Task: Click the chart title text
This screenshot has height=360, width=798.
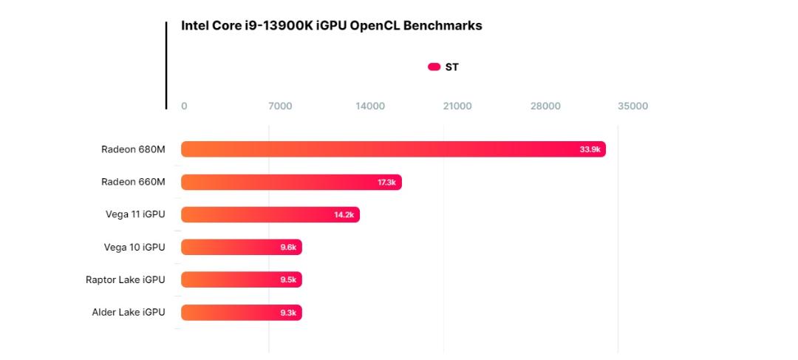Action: click(331, 26)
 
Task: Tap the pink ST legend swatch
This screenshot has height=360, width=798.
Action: click(434, 67)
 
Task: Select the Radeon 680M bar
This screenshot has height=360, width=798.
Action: click(393, 149)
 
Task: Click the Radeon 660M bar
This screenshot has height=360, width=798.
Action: click(292, 182)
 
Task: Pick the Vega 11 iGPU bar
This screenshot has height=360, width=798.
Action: click(270, 214)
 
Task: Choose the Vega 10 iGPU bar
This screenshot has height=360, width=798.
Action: click(242, 247)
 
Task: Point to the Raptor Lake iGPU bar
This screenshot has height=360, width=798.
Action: click(242, 279)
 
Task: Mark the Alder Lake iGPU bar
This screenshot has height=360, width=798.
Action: click(242, 312)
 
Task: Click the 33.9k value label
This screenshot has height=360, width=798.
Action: click(590, 150)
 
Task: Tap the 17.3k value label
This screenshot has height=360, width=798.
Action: click(386, 183)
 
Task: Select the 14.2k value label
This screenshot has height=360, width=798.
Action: click(344, 215)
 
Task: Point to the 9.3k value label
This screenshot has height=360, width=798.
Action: click(288, 313)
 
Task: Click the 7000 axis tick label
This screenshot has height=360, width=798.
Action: click(280, 106)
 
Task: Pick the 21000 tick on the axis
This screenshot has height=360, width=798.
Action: click(457, 106)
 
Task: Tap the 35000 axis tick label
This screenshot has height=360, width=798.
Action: click(633, 106)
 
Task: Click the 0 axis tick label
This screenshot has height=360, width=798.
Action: click(184, 106)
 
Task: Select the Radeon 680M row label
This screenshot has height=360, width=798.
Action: click(133, 149)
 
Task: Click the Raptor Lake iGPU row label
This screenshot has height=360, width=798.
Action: click(126, 279)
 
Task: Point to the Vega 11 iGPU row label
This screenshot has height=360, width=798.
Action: click(135, 214)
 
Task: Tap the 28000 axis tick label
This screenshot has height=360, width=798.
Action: click(545, 106)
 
